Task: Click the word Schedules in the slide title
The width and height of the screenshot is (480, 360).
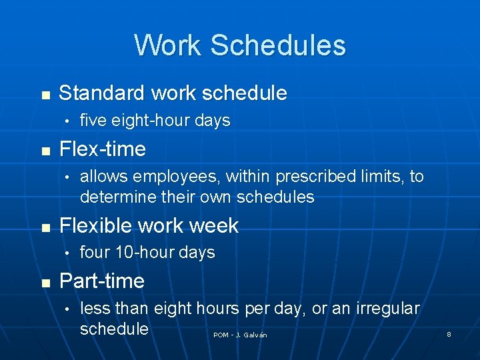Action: (x=278, y=45)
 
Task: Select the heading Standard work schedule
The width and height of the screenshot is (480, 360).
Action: (x=173, y=93)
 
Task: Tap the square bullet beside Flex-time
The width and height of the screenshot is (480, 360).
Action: (x=45, y=149)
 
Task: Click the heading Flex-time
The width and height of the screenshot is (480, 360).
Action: (x=102, y=149)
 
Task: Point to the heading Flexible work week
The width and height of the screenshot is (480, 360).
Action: (x=149, y=225)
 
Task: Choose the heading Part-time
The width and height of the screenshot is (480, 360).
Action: (x=101, y=281)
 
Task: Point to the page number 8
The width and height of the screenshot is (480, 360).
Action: (x=449, y=334)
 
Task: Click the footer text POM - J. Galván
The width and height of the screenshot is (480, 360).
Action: (x=240, y=335)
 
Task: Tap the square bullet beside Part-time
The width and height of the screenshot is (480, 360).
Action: (x=45, y=281)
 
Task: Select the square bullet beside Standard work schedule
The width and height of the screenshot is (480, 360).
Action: (x=45, y=94)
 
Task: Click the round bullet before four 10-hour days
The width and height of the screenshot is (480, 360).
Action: (x=67, y=253)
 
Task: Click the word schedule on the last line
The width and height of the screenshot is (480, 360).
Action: (x=114, y=329)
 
